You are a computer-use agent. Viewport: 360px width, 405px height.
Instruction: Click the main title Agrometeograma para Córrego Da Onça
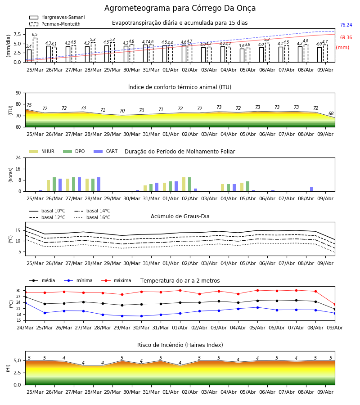coord(180,8)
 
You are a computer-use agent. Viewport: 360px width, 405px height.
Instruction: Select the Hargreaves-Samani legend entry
coord(57,17)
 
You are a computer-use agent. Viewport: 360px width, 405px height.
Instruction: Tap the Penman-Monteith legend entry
coord(55,24)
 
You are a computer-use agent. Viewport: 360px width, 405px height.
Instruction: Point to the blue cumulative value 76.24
coord(346,25)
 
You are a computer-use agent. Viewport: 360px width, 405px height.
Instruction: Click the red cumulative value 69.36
coord(346,37)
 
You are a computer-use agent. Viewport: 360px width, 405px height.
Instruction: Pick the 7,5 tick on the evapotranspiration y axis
coord(17,34)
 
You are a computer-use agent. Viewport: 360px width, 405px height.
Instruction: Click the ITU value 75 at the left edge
coord(29,105)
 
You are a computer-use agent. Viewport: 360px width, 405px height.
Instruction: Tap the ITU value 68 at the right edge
coord(331,113)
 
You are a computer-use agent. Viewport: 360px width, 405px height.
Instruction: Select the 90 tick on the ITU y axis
coord(18,93)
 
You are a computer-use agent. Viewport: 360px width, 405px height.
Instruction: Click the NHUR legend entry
coord(42,151)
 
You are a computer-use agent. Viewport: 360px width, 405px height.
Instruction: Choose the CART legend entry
coord(106,151)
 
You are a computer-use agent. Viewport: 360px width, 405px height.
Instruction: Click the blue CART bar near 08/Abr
coord(312,189)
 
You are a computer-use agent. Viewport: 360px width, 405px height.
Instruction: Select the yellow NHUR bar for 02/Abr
coord(184,184)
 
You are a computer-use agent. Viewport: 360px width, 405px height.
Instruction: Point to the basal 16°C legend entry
coord(92,217)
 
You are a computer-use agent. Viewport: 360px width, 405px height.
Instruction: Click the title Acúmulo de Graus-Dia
coord(180,216)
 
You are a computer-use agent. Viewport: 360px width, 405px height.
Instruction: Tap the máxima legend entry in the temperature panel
coord(116,280)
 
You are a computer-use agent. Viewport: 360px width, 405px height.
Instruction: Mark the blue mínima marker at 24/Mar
coord(25,302)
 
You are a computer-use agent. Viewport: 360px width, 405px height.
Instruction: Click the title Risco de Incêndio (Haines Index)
coord(180,345)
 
